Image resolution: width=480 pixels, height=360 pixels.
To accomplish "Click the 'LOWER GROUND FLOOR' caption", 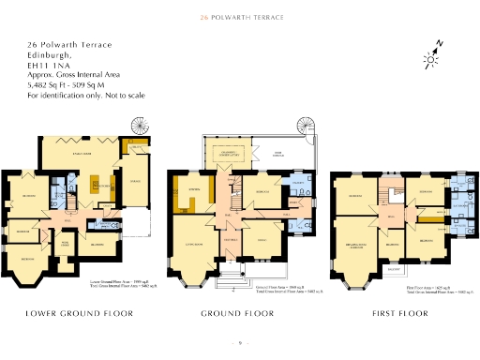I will point(79,312).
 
